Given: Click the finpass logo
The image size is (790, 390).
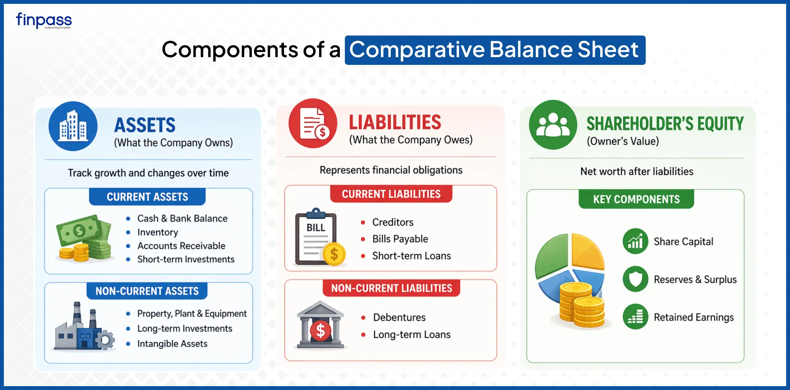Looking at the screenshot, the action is [44, 20].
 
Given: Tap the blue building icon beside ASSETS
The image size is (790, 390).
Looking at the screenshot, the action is [73, 126].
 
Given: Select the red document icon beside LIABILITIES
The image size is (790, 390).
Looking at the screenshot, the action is [313, 123].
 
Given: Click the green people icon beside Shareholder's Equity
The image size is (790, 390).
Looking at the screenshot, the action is [553, 125].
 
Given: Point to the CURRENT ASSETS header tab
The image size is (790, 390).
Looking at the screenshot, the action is [147, 197].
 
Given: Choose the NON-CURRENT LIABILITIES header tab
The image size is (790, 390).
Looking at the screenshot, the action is [392, 288].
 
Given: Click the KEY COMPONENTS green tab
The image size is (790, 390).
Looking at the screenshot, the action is [636, 199].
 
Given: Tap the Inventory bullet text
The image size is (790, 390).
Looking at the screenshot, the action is [158, 232].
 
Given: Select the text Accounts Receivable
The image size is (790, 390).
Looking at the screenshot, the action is [181, 246].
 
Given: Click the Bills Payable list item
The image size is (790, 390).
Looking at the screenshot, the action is [400, 239].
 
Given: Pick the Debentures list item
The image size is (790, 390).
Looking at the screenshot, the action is [399, 317].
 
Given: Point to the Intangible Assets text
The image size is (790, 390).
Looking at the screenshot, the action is [172, 344].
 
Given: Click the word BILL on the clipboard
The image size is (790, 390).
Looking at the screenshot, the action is [316, 228].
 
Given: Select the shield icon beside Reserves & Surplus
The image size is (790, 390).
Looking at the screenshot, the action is [635, 279].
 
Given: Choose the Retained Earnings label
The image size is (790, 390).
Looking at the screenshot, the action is [694, 317].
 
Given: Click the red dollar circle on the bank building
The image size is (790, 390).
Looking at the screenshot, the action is [321, 331].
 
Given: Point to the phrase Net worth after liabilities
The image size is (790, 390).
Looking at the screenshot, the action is [637, 171].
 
